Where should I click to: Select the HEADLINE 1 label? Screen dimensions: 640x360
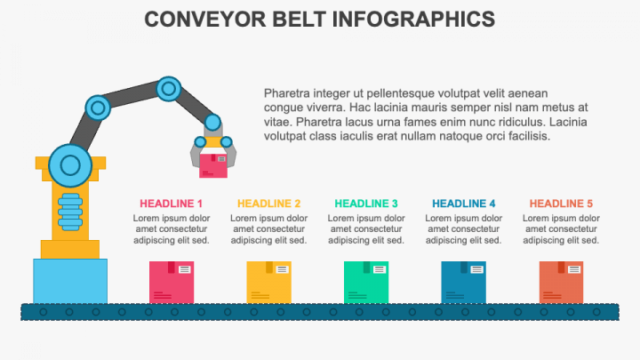click(171, 204)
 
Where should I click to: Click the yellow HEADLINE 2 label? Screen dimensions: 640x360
click(268, 204)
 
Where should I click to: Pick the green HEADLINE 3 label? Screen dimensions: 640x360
click(366, 204)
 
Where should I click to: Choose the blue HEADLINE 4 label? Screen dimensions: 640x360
click(464, 204)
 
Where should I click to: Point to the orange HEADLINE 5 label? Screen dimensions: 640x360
click(561, 204)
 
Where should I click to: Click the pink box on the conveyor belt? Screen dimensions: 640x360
click(172, 283)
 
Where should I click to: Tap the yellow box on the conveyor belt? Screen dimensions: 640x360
click(269, 283)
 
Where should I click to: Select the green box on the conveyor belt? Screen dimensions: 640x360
click(366, 283)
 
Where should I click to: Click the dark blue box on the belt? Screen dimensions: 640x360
click(464, 283)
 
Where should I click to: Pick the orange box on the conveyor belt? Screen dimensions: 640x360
click(561, 283)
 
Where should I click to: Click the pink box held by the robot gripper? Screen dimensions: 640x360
click(213, 165)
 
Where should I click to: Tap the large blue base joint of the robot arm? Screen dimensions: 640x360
click(70, 165)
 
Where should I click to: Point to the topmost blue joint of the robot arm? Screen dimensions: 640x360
click(169, 89)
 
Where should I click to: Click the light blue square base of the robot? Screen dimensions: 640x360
click(70, 281)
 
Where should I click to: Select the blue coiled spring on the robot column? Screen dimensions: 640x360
click(70, 212)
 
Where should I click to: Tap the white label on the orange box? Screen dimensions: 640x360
click(574, 269)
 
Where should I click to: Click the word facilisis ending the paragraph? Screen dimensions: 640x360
click(530, 136)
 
